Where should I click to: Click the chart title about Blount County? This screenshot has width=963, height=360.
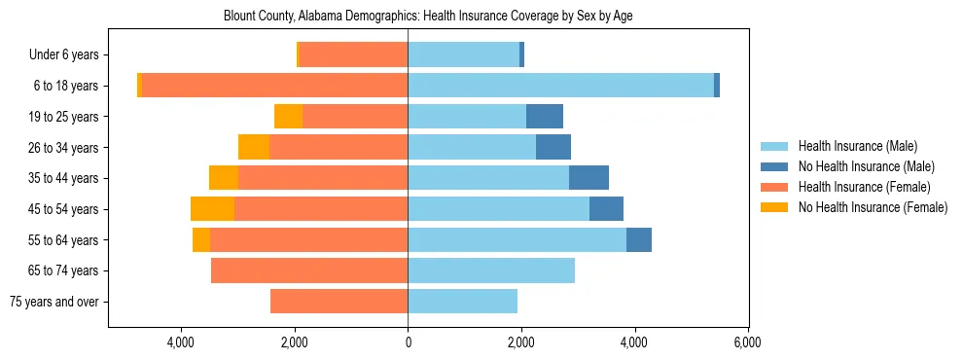428,17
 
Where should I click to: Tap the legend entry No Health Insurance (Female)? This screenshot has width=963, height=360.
873,207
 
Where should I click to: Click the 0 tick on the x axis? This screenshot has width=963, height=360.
408,342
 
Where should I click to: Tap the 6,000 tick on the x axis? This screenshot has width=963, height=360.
747,342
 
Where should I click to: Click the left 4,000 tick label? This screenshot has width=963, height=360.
182,342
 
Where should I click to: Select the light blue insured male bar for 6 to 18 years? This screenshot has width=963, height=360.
560,86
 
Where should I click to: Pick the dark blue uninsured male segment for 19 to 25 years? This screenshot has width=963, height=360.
545,117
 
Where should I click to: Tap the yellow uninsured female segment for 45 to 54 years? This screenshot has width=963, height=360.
212,209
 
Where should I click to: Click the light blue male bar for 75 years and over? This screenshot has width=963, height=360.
462,302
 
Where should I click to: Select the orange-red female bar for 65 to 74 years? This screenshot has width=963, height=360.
309,270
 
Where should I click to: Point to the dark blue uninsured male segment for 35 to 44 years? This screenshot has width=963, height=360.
588,178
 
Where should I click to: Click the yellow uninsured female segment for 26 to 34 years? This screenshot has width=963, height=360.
253,147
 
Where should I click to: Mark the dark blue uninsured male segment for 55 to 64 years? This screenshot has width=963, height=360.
639,239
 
